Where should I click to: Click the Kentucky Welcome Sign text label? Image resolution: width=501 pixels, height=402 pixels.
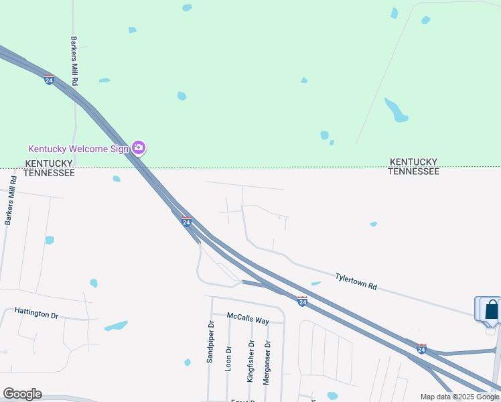coord(78,149)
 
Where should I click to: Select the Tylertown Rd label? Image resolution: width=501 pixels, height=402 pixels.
coord(356,281)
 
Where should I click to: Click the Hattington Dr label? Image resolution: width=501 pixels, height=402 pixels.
coord(37,313)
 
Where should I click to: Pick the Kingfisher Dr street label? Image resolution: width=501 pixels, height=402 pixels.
coord(251,361)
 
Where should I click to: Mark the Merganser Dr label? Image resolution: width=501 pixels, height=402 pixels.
coord(267,362)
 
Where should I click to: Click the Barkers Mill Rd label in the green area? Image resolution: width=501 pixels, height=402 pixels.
coord(74,61)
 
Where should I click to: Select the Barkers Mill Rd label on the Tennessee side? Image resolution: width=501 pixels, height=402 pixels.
coord(10,200)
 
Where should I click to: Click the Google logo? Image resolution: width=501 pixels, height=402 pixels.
coord(22,394)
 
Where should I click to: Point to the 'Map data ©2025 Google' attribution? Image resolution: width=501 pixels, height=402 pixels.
coord(460,397)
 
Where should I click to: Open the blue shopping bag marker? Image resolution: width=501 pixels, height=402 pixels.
coord(492,310)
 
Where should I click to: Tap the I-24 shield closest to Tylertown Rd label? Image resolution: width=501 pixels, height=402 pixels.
coord(302,302)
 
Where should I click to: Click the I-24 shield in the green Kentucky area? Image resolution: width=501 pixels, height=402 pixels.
coord(50,80)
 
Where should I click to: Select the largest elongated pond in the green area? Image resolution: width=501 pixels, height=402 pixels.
coord(396,110)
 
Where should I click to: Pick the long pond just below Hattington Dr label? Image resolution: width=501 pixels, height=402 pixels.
coord(116,326)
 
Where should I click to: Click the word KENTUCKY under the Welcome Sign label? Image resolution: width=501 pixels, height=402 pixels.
coord(48,163)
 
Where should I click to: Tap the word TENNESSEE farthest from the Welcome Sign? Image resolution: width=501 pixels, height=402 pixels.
coord(415,172)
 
